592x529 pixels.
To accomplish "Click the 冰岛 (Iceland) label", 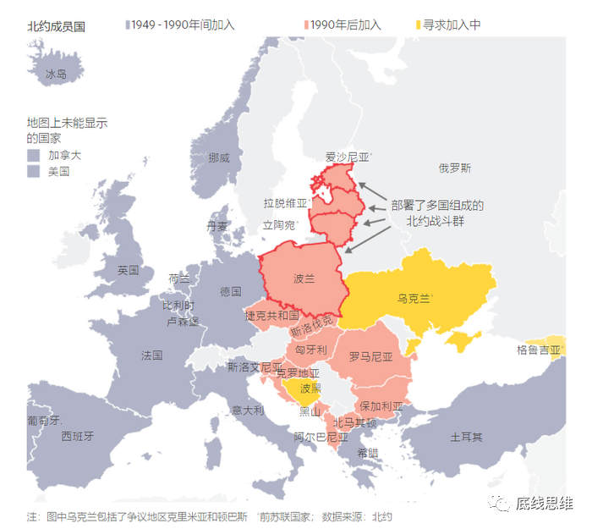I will click(x=56, y=75).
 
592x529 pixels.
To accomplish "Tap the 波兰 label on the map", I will click(x=304, y=278).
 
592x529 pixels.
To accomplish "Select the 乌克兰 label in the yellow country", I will click(x=414, y=298).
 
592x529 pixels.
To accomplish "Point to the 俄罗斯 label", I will click(x=454, y=168).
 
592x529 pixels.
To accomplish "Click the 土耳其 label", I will click(x=466, y=437).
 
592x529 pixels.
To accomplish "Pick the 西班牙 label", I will click(x=77, y=437).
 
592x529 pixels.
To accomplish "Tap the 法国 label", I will click(x=152, y=355).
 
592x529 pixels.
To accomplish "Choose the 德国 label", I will click(x=230, y=291).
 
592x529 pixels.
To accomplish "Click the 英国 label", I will click(x=129, y=271).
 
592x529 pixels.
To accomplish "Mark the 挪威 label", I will click(x=218, y=157).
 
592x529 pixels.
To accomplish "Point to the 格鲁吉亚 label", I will click(x=538, y=350).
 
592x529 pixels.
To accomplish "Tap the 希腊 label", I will click(x=368, y=453).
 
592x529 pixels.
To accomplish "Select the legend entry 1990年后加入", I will click(x=344, y=25).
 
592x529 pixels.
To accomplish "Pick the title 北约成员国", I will click(x=56, y=26).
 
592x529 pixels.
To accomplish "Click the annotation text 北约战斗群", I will click(x=436, y=221).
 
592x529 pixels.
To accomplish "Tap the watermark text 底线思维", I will click(x=545, y=505).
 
